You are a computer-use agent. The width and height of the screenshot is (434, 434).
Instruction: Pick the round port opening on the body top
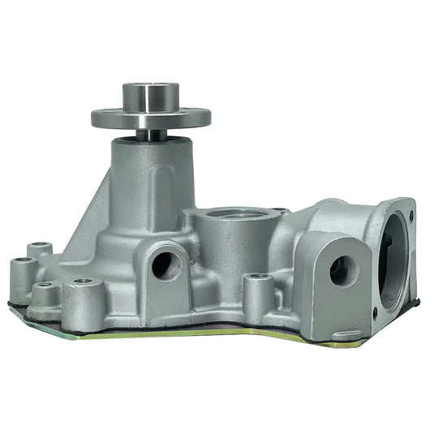click(x=238, y=215)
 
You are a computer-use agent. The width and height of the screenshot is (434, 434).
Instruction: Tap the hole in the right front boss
click(x=343, y=270)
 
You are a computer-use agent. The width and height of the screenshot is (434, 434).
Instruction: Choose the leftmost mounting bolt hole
click(x=21, y=263)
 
